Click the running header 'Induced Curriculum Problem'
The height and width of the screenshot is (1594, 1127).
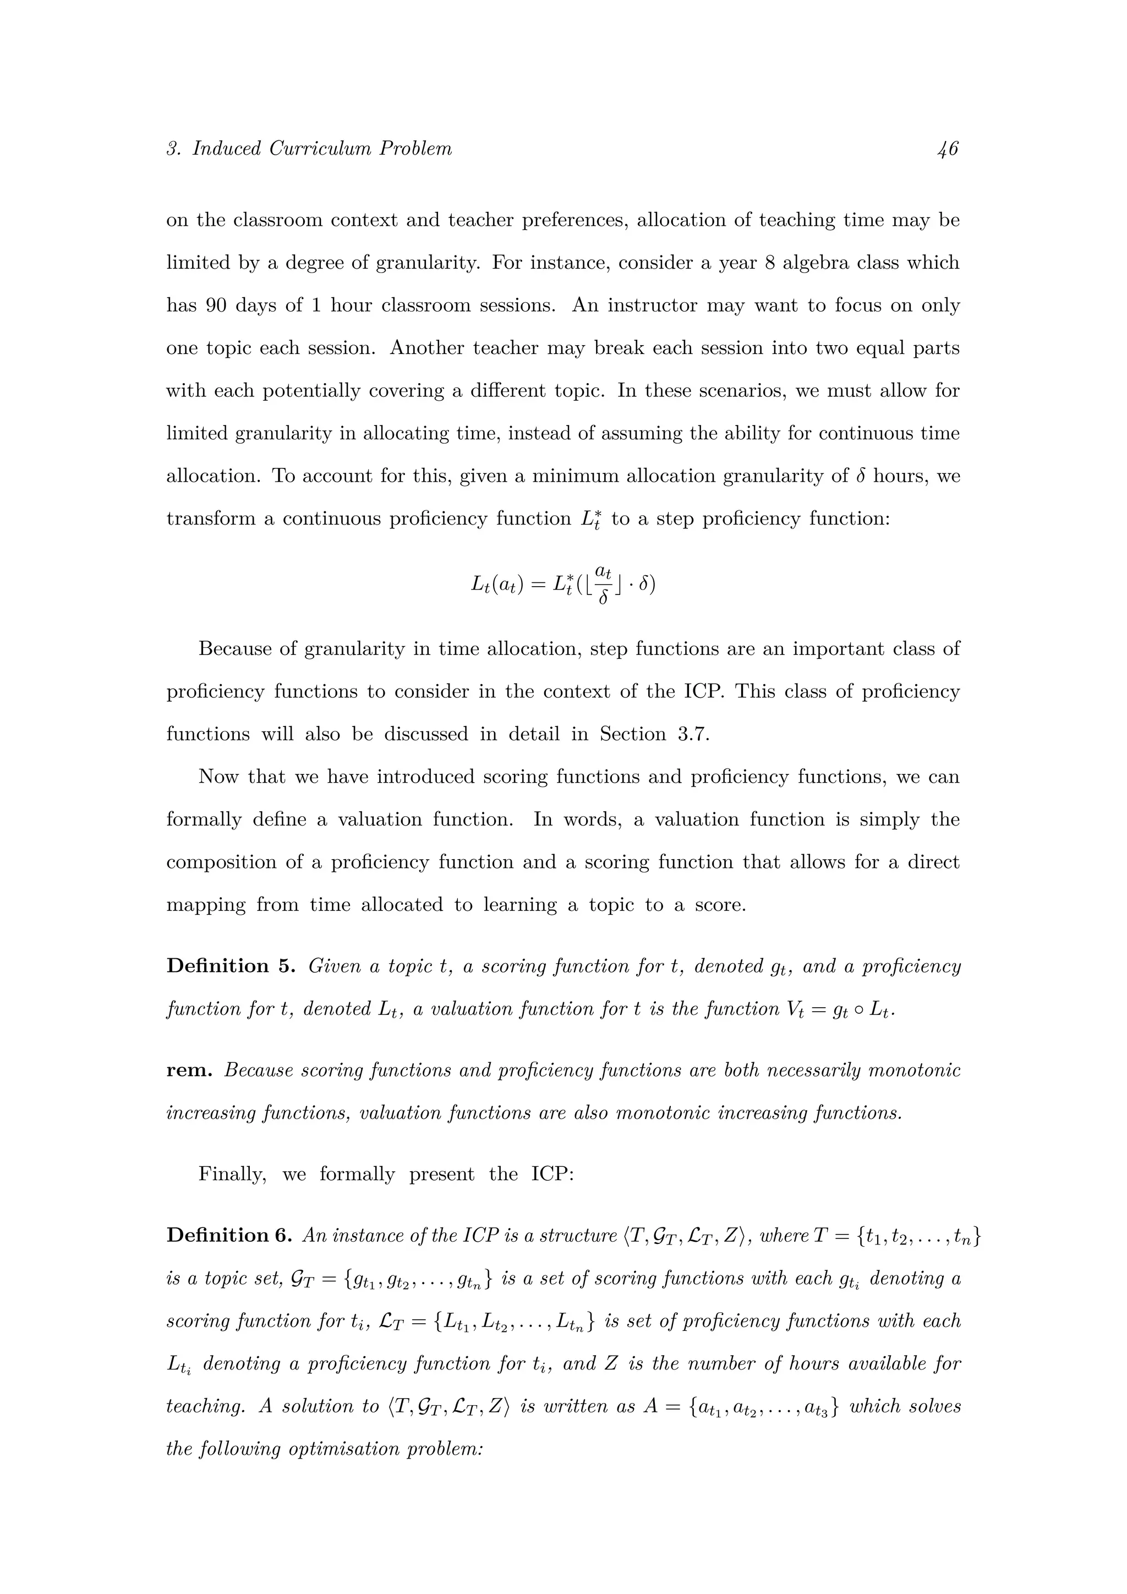[322, 149]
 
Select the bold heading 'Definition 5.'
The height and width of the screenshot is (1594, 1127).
[231, 966]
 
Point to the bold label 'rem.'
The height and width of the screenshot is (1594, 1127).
[189, 1070]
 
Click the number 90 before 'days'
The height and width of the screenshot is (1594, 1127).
[216, 305]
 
